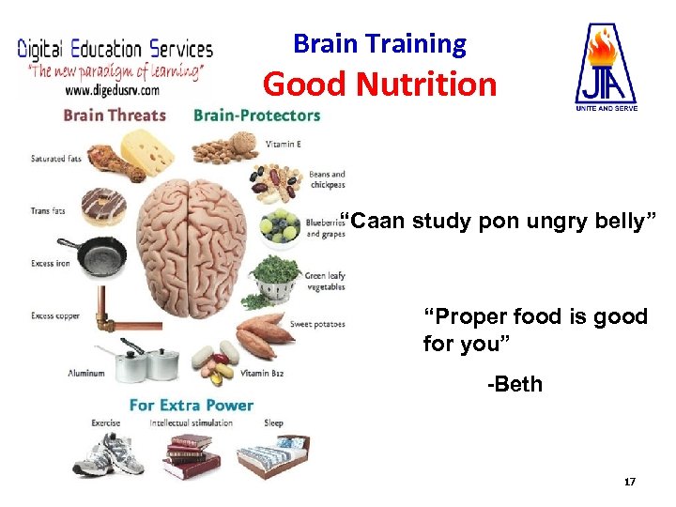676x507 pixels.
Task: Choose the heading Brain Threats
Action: pos(115,115)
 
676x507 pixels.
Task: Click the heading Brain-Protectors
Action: pos(256,115)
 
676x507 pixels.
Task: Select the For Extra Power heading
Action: pos(192,405)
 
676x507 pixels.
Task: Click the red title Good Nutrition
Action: pos(379,84)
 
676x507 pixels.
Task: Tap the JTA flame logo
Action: pos(606,64)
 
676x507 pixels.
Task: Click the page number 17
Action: pos(630,482)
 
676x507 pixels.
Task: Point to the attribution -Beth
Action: pos(515,384)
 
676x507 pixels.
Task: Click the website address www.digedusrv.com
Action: pos(112,91)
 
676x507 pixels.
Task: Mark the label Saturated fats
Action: pos(55,159)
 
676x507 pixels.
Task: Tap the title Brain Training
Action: pos(379,43)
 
